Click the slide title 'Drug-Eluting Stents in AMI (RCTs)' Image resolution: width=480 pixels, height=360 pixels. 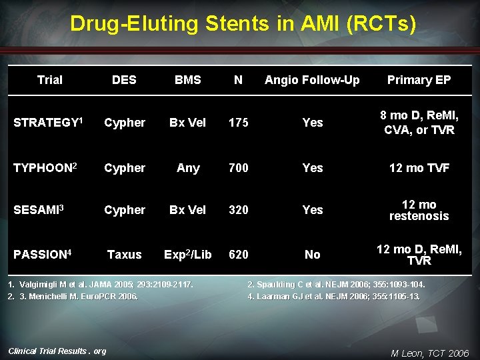[243, 25]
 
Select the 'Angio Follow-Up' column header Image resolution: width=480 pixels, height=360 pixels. [312, 80]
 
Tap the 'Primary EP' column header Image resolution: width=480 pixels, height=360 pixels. [419, 80]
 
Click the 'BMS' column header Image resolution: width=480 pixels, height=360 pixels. [187, 80]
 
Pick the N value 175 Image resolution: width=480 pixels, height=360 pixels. [238, 123]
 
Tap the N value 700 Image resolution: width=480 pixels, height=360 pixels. [238, 168]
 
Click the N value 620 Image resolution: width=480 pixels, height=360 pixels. [238, 255]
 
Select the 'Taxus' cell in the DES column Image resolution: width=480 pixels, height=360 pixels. [124, 255]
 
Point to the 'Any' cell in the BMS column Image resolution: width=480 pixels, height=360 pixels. [187, 168]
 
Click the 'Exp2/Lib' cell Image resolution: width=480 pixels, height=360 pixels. [187, 255]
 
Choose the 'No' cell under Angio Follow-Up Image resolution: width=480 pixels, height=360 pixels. [312, 255]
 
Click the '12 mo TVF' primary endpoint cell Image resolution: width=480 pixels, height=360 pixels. [419, 168]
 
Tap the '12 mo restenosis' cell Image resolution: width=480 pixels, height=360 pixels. [419, 210]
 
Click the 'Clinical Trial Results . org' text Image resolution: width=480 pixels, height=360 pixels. [57, 351]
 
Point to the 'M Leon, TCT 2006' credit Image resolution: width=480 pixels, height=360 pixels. [429, 353]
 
